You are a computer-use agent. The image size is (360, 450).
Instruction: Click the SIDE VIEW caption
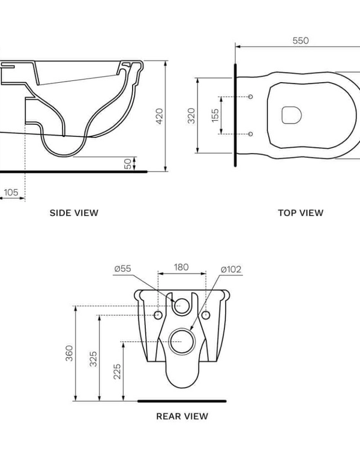tap(74, 212)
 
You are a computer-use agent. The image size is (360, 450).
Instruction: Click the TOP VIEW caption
tap(301, 212)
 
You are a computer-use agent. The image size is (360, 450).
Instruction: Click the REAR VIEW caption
tap(182, 416)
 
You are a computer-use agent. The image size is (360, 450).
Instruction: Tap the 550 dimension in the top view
tap(301, 41)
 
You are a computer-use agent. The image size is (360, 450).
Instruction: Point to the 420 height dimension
tap(160, 115)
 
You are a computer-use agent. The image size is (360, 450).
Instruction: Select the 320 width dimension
tap(191, 115)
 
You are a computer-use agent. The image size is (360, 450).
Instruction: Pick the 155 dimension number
tap(215, 115)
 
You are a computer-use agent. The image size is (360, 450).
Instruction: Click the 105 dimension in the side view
tap(11, 193)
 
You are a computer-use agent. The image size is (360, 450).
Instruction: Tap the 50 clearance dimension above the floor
tap(128, 164)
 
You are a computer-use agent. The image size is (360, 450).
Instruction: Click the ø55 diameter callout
tap(123, 269)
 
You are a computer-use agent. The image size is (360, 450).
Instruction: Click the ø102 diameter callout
tap(231, 269)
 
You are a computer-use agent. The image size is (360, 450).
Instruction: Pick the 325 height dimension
tap(94, 358)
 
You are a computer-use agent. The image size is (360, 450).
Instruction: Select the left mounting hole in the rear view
tap(158, 315)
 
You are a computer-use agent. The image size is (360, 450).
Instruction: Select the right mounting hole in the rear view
tap(206, 315)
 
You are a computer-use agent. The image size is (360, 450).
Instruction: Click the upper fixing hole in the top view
tap(251, 97)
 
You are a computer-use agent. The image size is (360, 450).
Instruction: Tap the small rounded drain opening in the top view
tap(291, 114)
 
